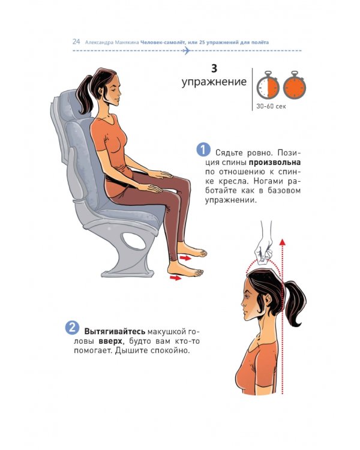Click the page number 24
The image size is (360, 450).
pyautogui.click(x=76, y=41)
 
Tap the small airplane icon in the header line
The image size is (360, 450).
pyautogui.click(x=186, y=51)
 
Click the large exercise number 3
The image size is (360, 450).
pyautogui.click(x=214, y=68)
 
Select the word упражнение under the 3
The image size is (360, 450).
pyautogui.click(x=214, y=82)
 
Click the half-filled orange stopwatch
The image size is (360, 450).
pyautogui.click(x=268, y=85)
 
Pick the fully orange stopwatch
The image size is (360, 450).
pyautogui.click(x=295, y=85)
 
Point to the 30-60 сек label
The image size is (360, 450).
pyautogui.click(x=271, y=106)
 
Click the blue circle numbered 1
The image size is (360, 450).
pyautogui.click(x=203, y=150)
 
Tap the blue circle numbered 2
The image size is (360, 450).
pyautogui.click(x=72, y=328)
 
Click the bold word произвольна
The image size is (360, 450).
pyautogui.click(x=274, y=163)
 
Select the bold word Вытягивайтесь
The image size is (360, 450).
pyautogui.click(x=115, y=332)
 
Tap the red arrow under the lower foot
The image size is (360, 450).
pyautogui.click(x=175, y=278)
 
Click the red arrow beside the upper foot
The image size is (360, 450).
pyautogui.click(x=185, y=258)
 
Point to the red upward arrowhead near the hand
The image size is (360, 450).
pyautogui.click(x=283, y=242)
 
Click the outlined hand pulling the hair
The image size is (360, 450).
pyautogui.click(x=265, y=247)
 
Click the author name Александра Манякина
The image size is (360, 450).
pyautogui.click(x=112, y=43)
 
